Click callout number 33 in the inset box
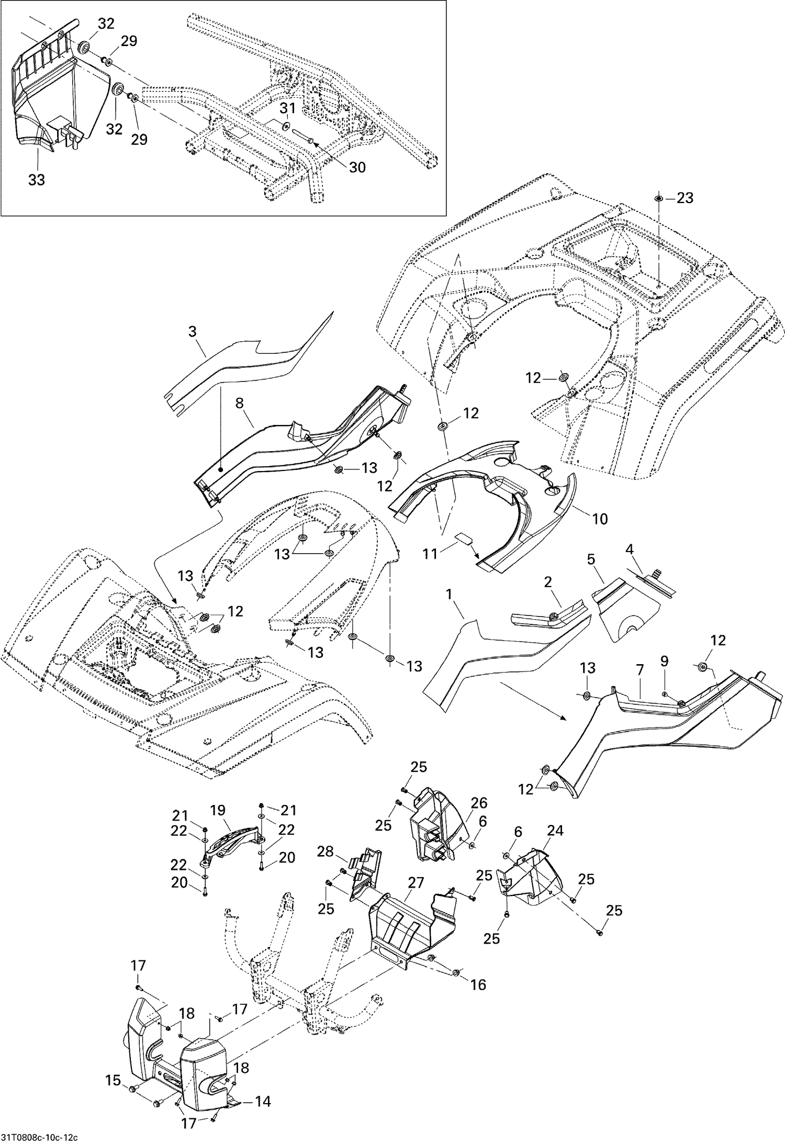tap(36, 180)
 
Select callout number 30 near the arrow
tap(357, 167)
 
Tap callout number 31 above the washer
tap(288, 108)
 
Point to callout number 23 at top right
tap(685, 198)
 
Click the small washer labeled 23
tap(658, 199)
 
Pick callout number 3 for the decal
tap(193, 331)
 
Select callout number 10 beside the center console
tap(600, 519)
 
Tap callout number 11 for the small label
tap(430, 554)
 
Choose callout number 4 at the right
tap(630, 550)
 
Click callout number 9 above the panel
tap(664, 661)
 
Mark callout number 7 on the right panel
tap(640, 670)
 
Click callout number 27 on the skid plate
tap(416, 883)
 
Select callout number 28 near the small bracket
tap(325, 851)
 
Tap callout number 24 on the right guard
tap(555, 831)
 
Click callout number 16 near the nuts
tap(478, 984)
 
